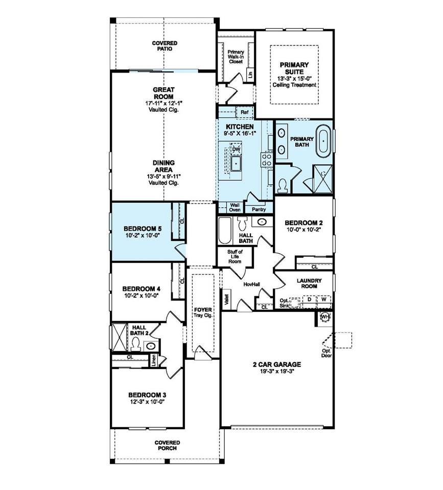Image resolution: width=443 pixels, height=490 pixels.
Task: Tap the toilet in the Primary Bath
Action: click(x=283, y=185)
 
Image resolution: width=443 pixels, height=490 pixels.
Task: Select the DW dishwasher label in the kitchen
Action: click(x=236, y=150)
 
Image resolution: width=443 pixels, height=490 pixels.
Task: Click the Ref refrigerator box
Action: click(x=245, y=112)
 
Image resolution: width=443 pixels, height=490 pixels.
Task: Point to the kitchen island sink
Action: click(x=236, y=163)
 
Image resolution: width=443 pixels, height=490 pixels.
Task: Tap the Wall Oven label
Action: click(x=235, y=207)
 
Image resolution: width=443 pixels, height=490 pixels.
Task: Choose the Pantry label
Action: click(x=259, y=209)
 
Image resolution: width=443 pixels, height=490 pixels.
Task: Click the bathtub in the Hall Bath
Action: click(x=225, y=230)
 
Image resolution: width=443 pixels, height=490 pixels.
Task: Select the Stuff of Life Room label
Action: click(x=235, y=256)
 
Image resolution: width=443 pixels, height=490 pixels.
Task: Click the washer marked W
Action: click(x=324, y=300)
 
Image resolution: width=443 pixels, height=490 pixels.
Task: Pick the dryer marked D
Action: click(x=309, y=300)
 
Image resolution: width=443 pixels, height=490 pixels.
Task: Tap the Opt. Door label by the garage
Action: click(x=327, y=353)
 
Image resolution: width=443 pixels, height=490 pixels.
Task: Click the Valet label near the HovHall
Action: click(x=227, y=300)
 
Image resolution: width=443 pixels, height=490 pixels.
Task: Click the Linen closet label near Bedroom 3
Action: click(x=153, y=360)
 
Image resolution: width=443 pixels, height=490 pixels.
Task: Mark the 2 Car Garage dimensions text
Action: click(x=277, y=371)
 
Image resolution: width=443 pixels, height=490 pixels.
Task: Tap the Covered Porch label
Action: click(x=168, y=445)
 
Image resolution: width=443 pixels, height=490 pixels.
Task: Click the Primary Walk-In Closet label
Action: click(x=236, y=57)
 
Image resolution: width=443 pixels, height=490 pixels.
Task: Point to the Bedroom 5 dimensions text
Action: click(x=143, y=236)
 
